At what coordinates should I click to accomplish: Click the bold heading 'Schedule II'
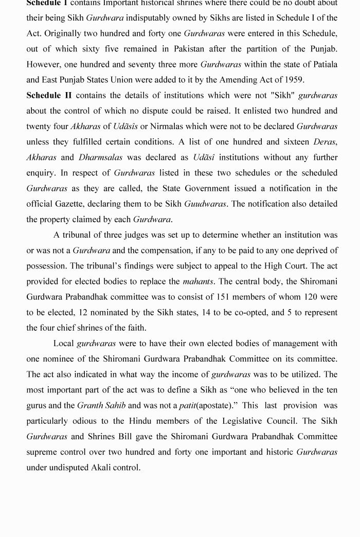[x=49, y=95]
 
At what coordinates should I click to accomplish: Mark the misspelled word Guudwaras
[x=205, y=204]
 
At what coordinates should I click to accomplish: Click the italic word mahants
[x=196, y=281]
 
